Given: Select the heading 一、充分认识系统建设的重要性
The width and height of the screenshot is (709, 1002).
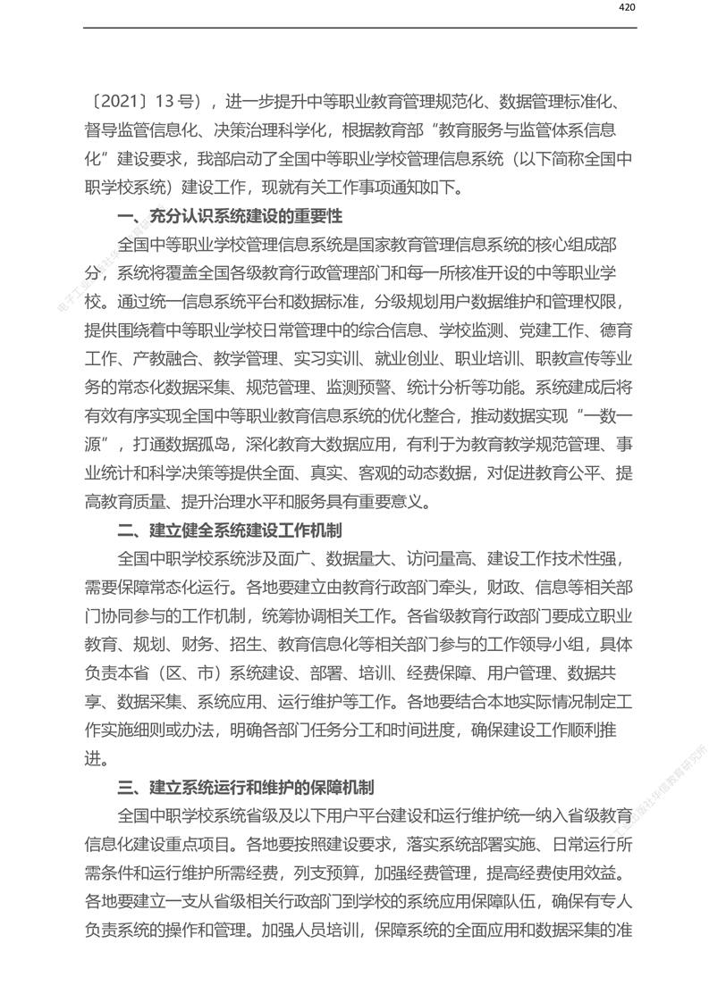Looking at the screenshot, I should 230,216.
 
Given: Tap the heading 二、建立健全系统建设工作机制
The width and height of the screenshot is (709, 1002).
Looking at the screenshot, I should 230,530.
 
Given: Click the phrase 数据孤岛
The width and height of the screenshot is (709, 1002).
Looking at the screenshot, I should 213,444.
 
